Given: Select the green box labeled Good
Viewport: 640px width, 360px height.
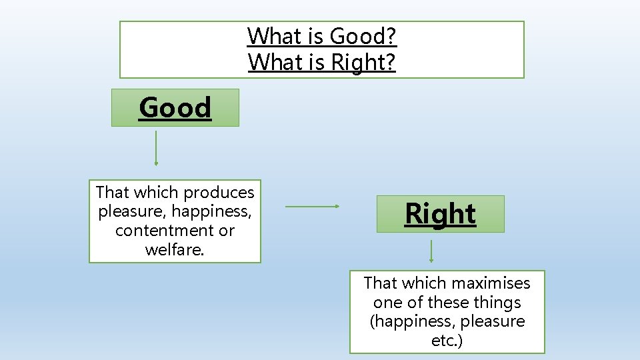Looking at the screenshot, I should click(175, 107).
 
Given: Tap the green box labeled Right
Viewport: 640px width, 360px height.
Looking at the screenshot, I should click(440, 214).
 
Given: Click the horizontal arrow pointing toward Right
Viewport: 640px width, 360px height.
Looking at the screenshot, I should click(313, 207).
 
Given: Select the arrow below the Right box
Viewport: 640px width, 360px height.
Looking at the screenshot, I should click(431, 251).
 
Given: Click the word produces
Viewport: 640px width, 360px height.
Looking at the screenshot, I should click(219, 193).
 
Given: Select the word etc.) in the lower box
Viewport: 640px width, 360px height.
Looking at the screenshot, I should click(447, 341).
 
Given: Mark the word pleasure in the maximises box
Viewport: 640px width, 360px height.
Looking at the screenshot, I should click(494, 321).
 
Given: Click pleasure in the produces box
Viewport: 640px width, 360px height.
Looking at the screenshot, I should click(131, 212).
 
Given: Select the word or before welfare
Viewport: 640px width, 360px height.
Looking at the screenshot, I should click(227, 231).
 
